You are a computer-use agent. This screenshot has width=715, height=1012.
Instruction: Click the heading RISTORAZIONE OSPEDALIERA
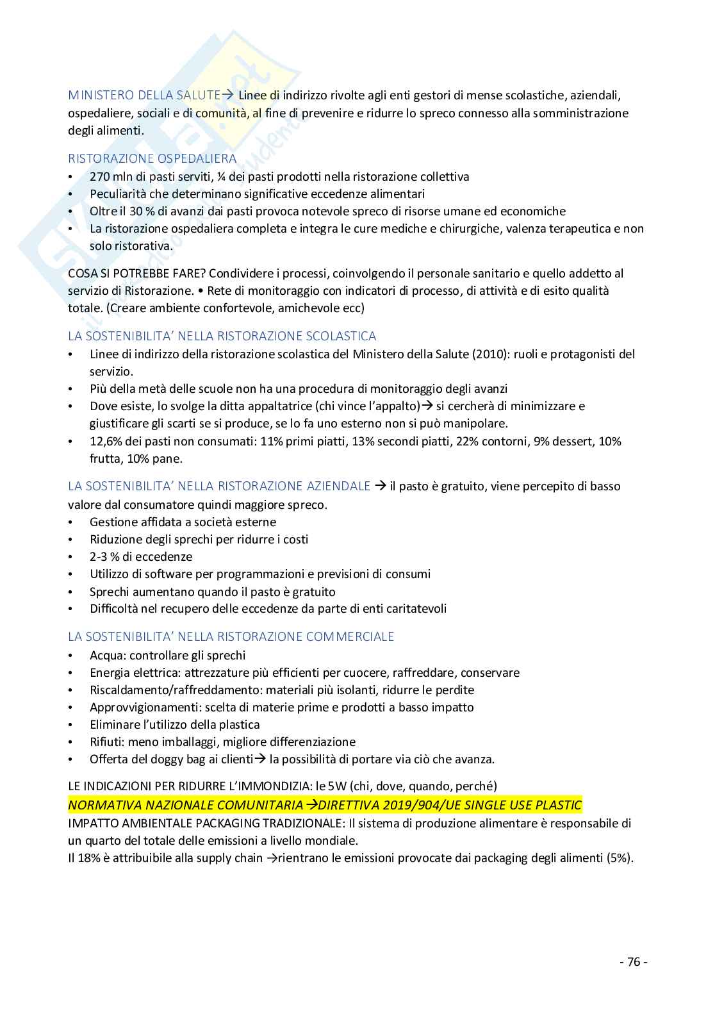(x=152, y=158)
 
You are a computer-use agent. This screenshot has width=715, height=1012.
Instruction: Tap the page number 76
(x=634, y=962)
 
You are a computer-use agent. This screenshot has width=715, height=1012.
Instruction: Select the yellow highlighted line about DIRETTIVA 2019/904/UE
(x=325, y=806)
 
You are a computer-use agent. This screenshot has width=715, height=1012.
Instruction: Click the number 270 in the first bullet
(x=101, y=177)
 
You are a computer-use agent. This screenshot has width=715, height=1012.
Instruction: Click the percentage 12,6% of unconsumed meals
(x=105, y=442)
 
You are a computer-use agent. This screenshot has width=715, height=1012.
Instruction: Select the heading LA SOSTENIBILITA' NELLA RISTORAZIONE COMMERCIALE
(x=231, y=637)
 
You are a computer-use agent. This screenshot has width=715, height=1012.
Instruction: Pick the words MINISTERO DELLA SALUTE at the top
(x=144, y=95)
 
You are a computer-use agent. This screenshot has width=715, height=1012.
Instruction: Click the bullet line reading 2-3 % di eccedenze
(x=141, y=557)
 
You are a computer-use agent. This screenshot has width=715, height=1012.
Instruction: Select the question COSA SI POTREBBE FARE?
(x=136, y=274)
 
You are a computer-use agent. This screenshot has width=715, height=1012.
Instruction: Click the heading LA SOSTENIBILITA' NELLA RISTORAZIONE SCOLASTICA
(x=222, y=336)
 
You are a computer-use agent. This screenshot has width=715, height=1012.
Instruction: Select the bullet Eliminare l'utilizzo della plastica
(x=174, y=725)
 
